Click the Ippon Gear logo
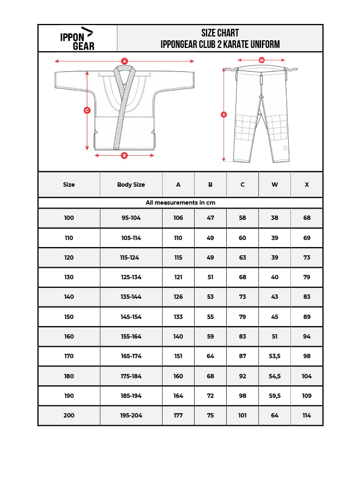pos(77,39)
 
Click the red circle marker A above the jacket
pos(125,61)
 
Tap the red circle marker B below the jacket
pos(124,155)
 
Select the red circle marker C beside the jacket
pos(87,110)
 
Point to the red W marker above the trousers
pos(262,60)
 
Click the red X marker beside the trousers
pos(224,114)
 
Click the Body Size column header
pos(131,185)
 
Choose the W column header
pos(275,185)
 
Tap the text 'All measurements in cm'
pos(180,202)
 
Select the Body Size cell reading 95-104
pos(131,218)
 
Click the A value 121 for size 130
pos(178,277)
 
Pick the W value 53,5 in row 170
pos(275,356)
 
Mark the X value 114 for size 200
pos(307,415)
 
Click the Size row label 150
pos(69,317)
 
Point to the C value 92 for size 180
pos(243,376)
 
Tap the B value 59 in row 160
pos(210,336)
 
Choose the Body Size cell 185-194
pos(131,396)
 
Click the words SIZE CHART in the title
pos(220,33)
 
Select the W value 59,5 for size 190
pos(275,396)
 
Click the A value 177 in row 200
pos(178,415)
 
